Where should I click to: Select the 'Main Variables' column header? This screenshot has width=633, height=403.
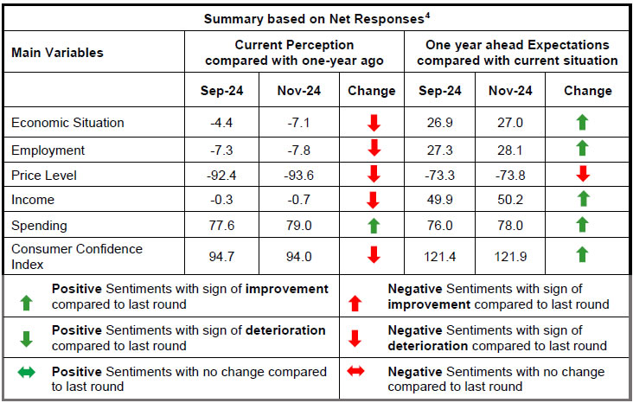(x=57, y=53)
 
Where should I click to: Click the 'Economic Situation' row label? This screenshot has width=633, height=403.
(x=67, y=123)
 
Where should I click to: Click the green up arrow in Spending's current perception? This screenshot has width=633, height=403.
(x=374, y=226)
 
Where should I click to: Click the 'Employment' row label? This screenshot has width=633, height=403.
(x=48, y=150)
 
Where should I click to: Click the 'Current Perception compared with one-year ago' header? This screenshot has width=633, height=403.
(x=294, y=53)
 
